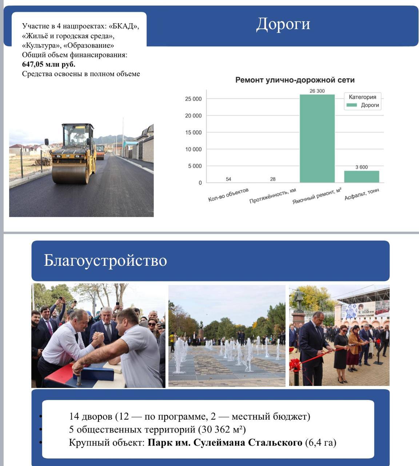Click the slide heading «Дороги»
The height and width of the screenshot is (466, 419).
pos(283,24)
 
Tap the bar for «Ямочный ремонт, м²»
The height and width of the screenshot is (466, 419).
pos(317,138)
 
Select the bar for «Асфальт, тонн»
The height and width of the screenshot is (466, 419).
pos(362,177)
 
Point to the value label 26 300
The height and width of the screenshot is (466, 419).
pos(317,91)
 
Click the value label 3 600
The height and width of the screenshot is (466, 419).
pos(362,167)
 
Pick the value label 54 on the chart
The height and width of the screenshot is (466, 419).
pos(228,179)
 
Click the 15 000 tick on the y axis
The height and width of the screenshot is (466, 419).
pos(193,133)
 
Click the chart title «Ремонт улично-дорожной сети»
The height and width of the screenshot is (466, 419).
pos(295,80)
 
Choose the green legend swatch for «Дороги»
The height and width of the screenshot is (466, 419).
pos(352,105)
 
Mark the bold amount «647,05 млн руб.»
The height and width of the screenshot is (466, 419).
pos(49,64)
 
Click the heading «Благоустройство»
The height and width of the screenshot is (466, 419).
pos(105,261)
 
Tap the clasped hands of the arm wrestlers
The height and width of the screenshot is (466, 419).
pos(97,340)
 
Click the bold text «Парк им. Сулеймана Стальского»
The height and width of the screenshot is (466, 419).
pos(225,443)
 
